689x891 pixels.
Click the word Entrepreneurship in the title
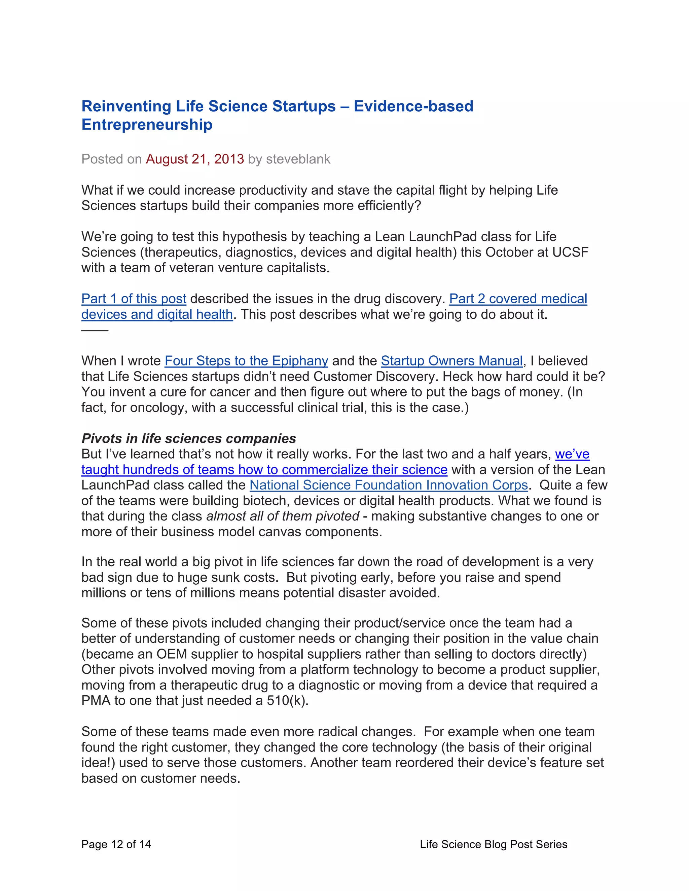(x=147, y=125)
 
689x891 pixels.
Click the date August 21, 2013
(x=195, y=159)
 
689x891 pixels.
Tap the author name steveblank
(x=298, y=159)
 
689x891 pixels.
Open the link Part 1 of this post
(x=134, y=299)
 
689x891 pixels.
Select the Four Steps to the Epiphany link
(x=246, y=361)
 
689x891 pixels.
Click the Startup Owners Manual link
(x=451, y=361)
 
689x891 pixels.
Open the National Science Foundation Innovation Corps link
(x=389, y=485)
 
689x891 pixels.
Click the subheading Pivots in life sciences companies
(x=189, y=438)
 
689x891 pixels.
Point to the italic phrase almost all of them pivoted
(x=283, y=516)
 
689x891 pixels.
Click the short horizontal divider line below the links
(x=95, y=331)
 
